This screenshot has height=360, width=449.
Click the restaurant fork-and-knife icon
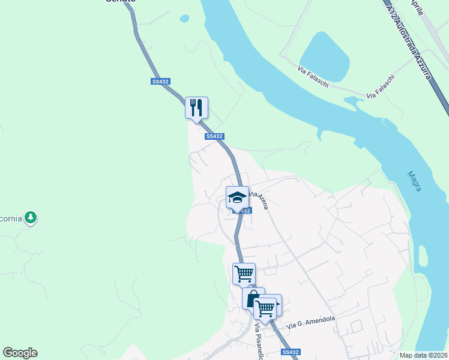196,108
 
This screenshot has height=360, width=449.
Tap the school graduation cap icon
237,197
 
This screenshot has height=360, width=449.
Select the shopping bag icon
253,298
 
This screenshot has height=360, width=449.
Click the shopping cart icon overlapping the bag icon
265,308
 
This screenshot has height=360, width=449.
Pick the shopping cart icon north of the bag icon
244,274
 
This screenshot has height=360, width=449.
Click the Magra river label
414,181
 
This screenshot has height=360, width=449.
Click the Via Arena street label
259,199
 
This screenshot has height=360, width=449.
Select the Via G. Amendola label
310,322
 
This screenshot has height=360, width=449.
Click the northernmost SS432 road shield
160,82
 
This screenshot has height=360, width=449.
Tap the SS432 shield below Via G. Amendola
290,352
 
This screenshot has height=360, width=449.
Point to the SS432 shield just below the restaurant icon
214,136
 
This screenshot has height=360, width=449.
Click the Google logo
20,353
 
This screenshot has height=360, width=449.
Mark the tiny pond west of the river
184,19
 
